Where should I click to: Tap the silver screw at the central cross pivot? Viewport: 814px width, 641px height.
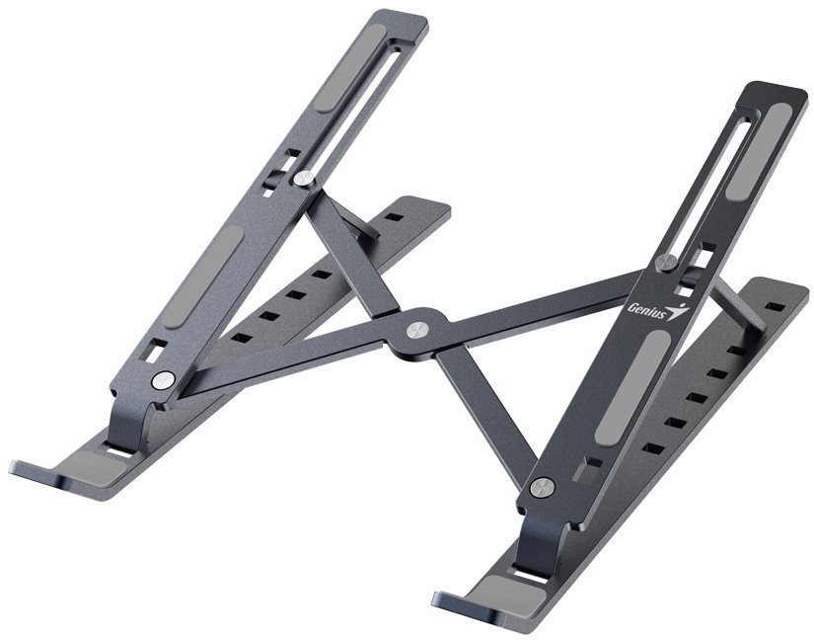(418, 327)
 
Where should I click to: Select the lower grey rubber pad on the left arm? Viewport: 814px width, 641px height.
(209, 275)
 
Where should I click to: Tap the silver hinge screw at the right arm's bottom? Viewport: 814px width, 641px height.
(540, 487)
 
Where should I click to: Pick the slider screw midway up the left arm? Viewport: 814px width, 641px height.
(305, 178)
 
